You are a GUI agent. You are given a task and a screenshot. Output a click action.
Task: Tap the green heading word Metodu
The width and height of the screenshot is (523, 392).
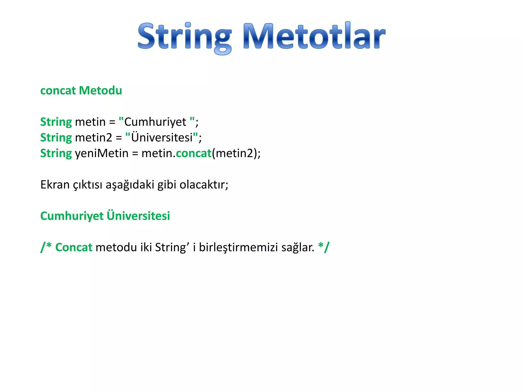pos(101,91)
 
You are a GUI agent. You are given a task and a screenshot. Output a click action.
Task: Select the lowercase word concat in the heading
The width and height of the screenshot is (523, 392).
pos(58,91)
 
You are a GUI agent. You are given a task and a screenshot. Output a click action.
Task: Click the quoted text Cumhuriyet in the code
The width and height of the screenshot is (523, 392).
pos(155,122)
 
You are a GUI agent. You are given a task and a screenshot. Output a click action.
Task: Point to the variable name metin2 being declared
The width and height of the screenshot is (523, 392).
pos(93,138)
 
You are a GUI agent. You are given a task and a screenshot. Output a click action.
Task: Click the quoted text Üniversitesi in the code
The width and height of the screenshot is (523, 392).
pos(162,138)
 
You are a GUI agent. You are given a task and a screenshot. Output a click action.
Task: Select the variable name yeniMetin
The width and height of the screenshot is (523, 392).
pos(102,153)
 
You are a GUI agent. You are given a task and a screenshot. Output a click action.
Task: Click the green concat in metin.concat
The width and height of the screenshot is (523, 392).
pos(194,153)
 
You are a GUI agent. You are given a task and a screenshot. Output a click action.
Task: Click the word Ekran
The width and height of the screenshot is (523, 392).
pos(55,185)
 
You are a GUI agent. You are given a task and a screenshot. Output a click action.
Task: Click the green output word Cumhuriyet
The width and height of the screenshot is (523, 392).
pos(72,216)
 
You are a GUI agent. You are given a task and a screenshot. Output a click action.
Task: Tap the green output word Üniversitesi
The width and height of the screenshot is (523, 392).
pos(138,216)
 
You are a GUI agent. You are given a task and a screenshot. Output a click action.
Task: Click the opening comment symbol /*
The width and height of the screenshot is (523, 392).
pos(46,247)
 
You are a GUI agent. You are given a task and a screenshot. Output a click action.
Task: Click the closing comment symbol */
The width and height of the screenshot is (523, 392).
pos(324,247)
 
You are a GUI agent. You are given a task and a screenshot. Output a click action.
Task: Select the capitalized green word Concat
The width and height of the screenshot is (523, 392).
pos(74,247)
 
